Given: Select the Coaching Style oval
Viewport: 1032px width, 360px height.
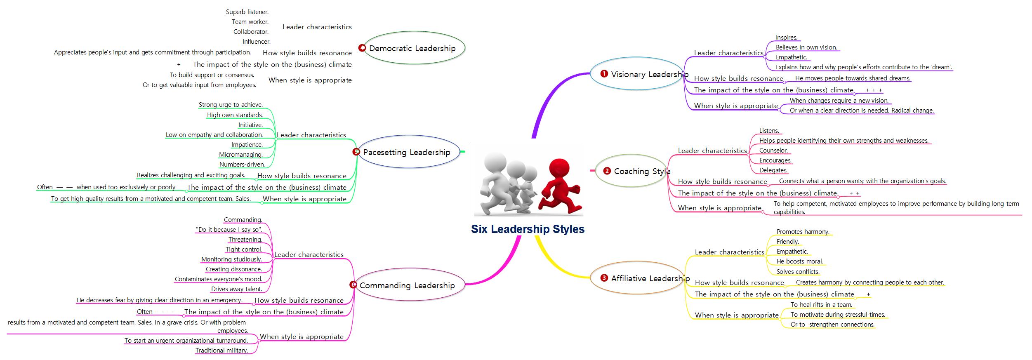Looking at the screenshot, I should click(632, 171).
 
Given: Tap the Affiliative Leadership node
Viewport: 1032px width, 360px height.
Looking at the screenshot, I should click(638, 278).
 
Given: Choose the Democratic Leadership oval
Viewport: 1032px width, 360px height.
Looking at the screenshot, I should click(413, 48).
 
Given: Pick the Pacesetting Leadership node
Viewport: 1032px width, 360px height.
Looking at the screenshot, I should click(407, 152).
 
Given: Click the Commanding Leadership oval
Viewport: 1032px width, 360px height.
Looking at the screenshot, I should click(408, 285).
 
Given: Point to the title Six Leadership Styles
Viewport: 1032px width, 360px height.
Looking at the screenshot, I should click(528, 229).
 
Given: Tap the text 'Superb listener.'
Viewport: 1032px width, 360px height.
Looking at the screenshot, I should click(247, 12).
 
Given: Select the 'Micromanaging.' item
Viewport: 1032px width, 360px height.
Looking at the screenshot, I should click(241, 155).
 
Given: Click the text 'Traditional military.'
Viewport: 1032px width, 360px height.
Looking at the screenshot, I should click(221, 351).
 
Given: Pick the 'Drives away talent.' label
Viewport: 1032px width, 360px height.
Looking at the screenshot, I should click(236, 289).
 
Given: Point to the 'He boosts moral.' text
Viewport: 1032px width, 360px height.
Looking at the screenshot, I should click(799, 261).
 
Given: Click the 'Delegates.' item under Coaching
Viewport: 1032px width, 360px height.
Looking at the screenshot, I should click(773, 170).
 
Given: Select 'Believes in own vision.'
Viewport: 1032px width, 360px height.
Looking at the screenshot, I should click(806, 47).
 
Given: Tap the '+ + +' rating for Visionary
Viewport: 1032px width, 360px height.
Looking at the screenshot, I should click(874, 90).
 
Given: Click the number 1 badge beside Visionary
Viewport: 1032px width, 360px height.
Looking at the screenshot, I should click(604, 74).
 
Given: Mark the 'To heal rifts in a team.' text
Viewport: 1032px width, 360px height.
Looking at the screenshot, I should click(821, 304).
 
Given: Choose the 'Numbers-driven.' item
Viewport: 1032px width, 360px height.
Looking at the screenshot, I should click(242, 165).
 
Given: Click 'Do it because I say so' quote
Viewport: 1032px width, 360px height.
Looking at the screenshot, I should click(229, 230).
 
